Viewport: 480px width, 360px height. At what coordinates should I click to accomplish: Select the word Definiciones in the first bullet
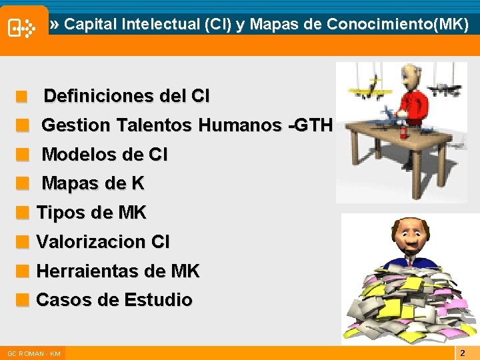pos(100,97)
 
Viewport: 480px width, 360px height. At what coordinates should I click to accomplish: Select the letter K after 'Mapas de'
pos(137,183)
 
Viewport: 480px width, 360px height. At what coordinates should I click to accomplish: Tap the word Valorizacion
pos(91,242)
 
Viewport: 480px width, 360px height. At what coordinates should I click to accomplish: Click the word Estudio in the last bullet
pos(157,300)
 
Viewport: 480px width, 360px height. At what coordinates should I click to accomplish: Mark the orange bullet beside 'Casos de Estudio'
pos(23,301)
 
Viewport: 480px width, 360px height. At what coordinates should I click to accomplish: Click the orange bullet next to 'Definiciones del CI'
pos(23,97)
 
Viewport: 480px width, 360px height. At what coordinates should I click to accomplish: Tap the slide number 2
pos(463,352)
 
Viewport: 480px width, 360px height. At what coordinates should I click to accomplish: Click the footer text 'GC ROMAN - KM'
pos(33,353)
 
